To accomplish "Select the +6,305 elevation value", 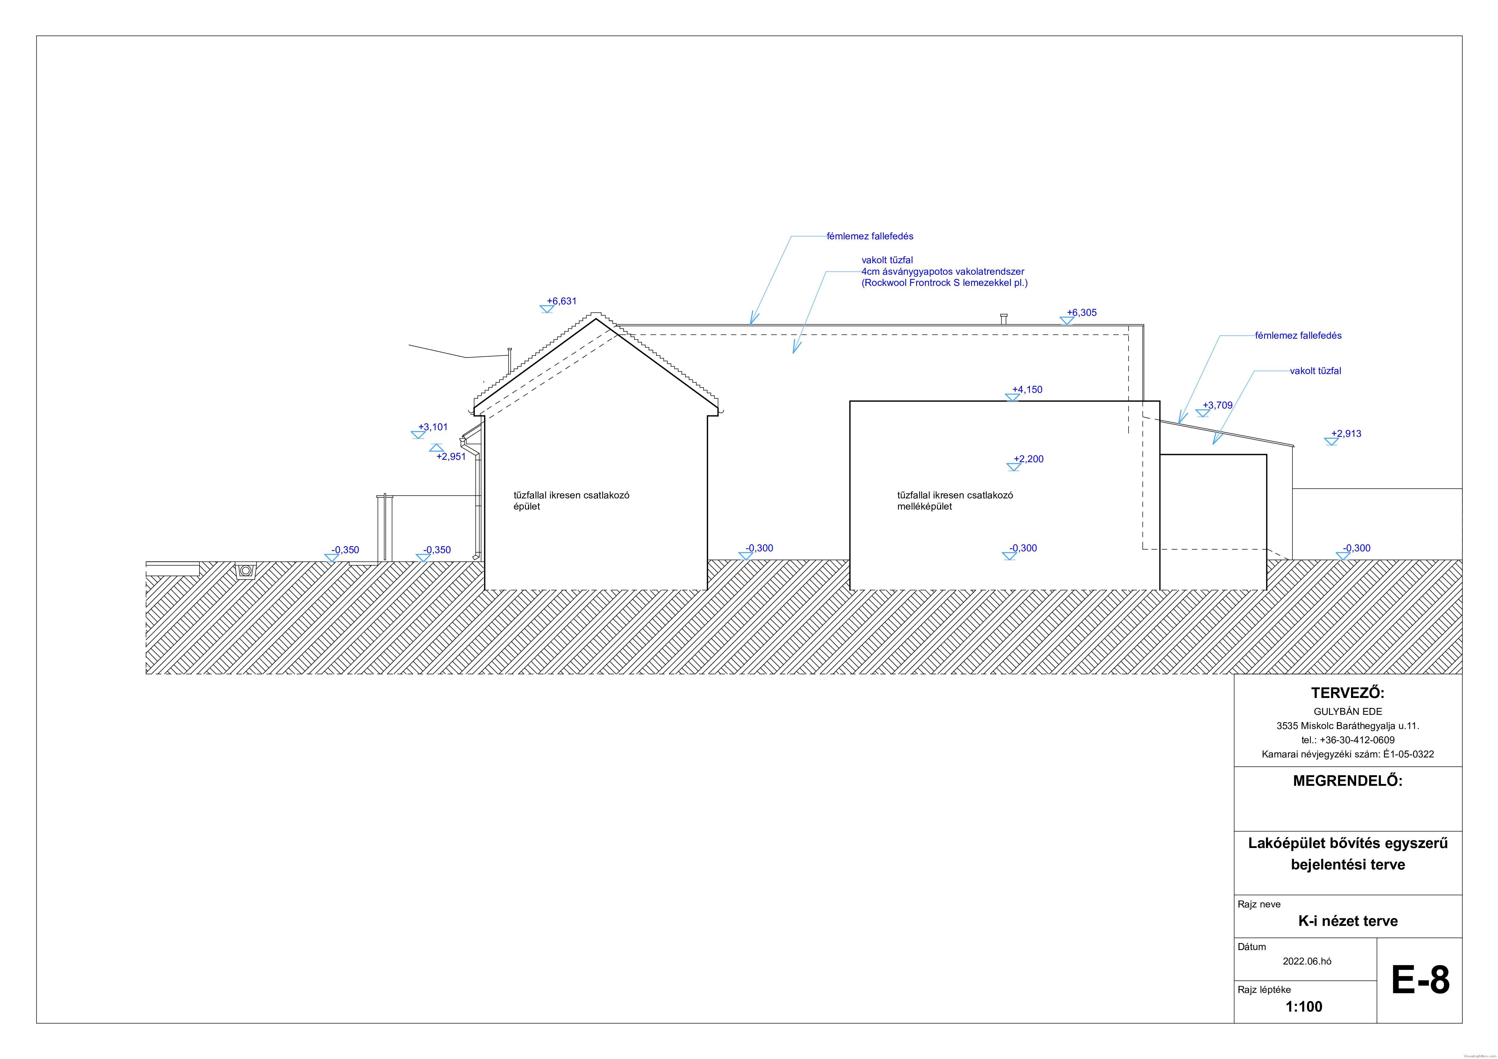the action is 1082,312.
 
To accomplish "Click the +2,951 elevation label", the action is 451,457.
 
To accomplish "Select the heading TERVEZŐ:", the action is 1347,693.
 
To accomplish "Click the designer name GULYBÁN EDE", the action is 1347,712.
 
